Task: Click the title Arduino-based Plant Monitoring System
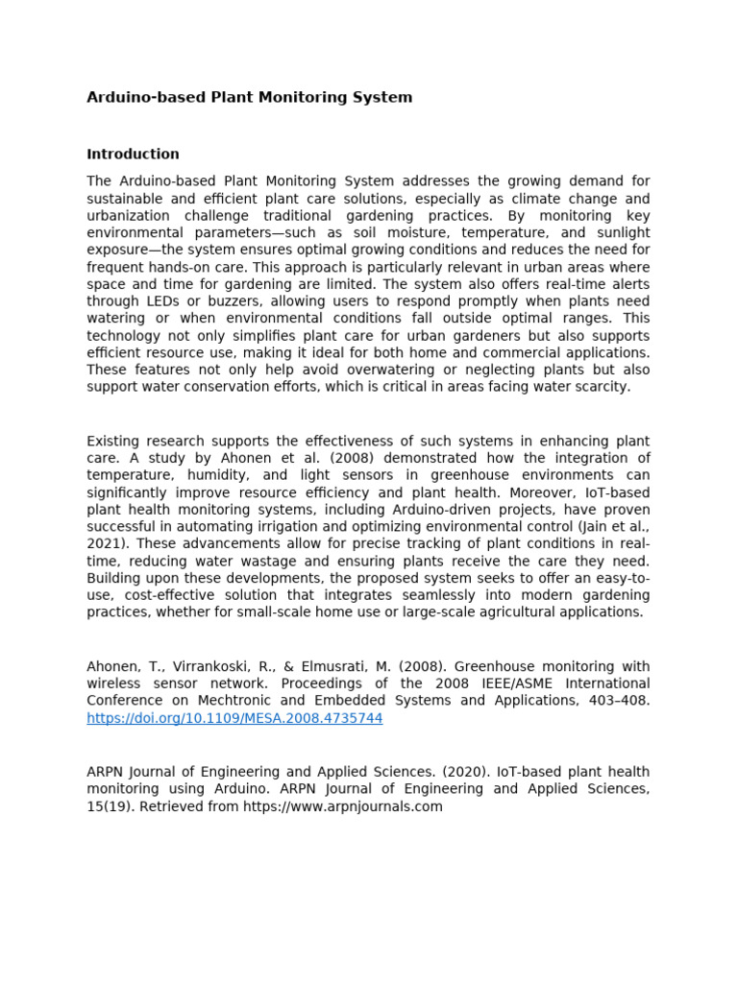tap(249, 97)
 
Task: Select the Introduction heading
tap(133, 154)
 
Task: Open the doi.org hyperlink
tap(234, 718)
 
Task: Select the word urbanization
tap(129, 216)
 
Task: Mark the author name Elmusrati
tap(342, 666)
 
